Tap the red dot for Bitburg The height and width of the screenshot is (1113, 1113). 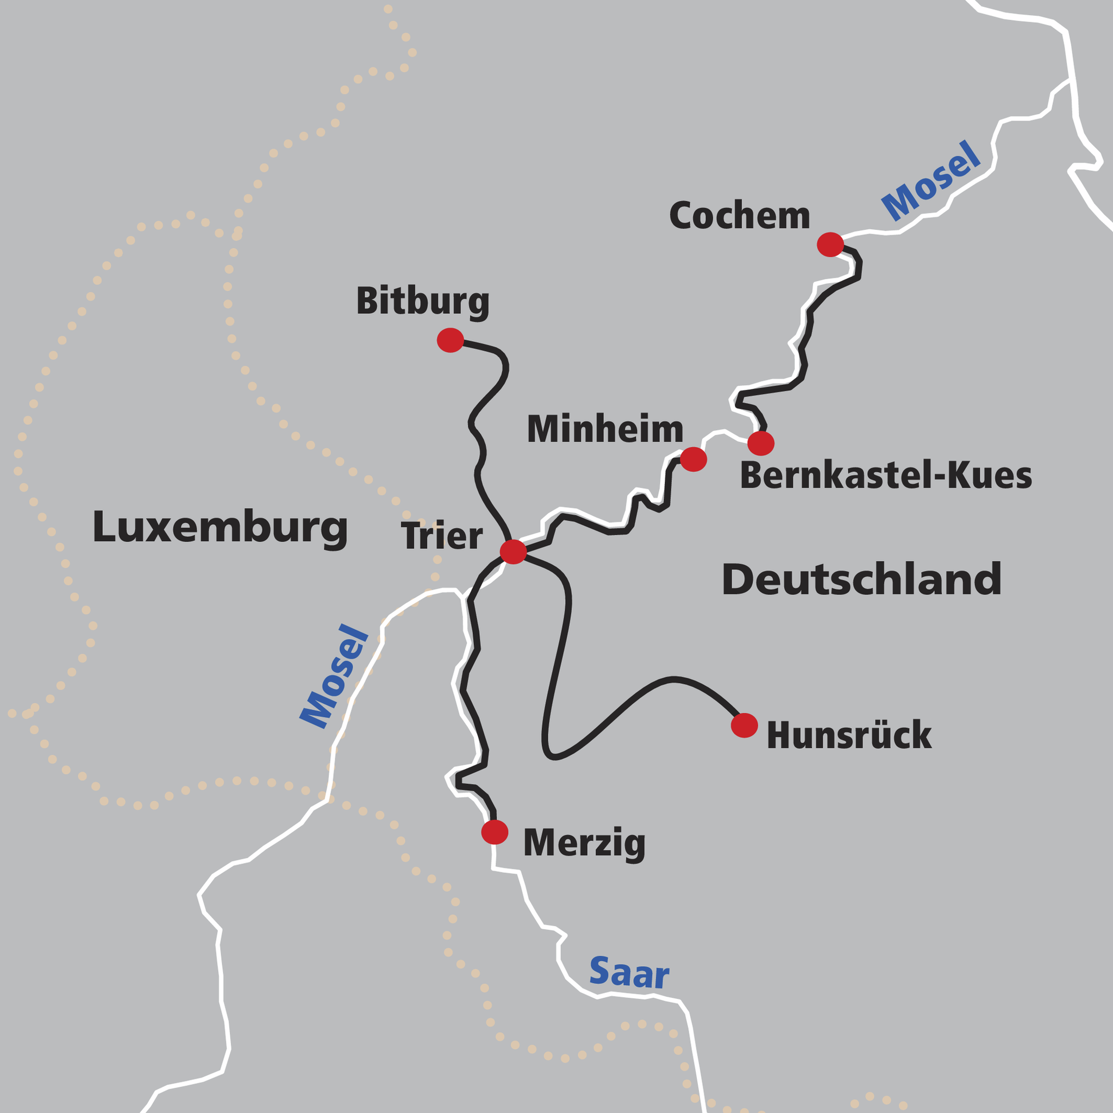pos(451,340)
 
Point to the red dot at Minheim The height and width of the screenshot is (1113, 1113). pos(693,459)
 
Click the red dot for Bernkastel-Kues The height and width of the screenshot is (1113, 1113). pos(760,443)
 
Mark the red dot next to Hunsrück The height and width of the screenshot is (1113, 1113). pos(744,725)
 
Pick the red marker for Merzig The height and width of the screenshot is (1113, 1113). pos(495,832)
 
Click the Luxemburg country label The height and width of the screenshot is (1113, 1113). pos(220,527)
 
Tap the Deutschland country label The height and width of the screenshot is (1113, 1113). pos(861,579)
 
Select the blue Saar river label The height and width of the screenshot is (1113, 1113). pos(629,973)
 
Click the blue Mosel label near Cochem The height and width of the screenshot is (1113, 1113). pos(930,182)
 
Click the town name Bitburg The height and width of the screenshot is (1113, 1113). pos(422,302)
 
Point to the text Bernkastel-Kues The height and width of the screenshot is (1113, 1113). pos(885,477)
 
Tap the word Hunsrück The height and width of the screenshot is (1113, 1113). pos(848,736)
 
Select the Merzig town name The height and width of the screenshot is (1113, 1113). pos(584,843)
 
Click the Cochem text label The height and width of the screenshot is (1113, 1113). pos(739,217)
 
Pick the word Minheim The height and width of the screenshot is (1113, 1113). pos(605,430)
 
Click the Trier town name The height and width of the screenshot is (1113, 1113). pos(442,536)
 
